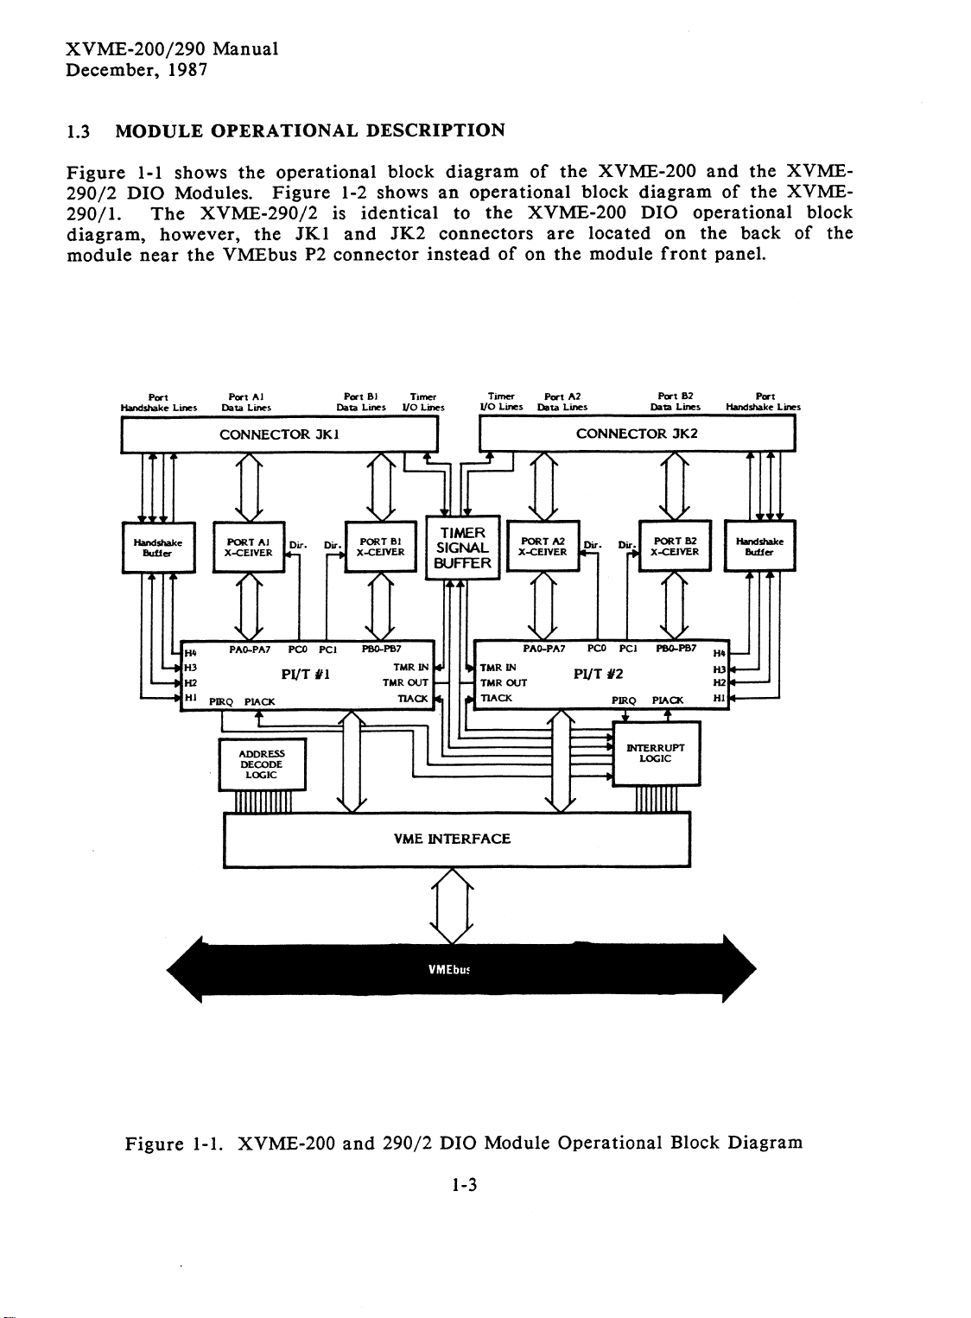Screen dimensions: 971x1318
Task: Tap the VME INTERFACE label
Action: (452, 839)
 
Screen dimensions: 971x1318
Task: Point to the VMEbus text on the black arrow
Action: (449, 970)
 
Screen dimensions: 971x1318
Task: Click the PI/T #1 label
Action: (306, 675)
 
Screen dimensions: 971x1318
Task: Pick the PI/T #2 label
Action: (598, 674)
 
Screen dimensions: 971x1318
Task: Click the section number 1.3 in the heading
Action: (78, 131)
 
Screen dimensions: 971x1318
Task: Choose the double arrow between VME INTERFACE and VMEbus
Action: (451, 906)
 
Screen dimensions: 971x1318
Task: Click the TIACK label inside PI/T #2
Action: (496, 698)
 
